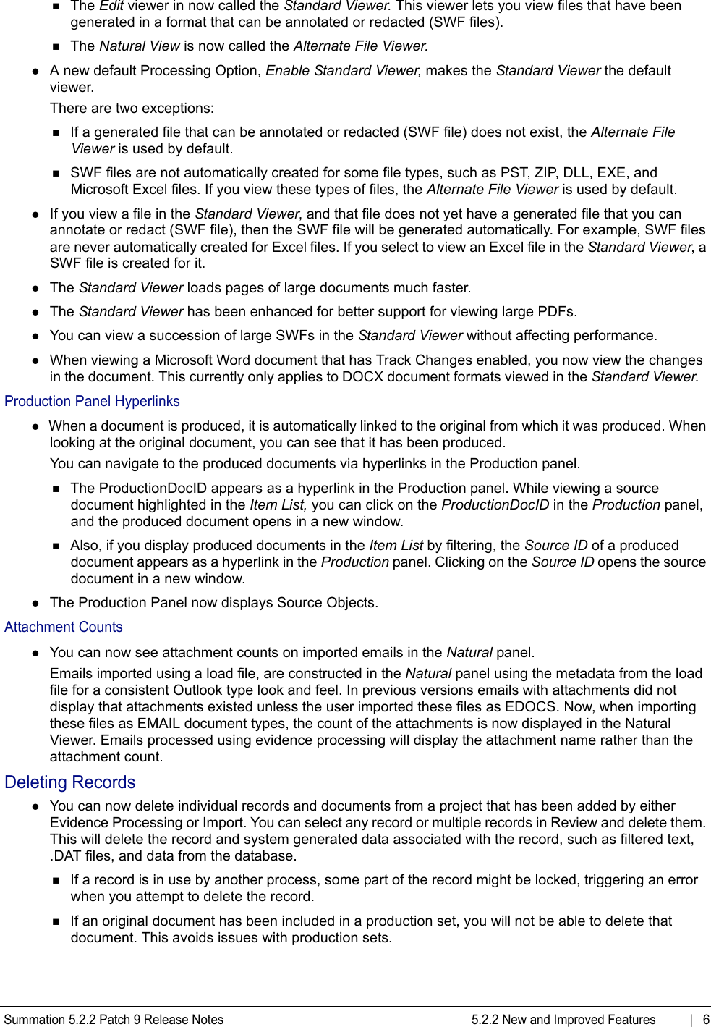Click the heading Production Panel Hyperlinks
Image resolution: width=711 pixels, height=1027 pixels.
pos(92,402)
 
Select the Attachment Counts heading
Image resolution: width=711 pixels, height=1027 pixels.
pos(64,627)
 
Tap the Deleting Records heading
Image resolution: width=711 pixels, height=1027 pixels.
pos(69,782)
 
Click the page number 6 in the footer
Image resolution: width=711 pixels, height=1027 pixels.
pos(706,1020)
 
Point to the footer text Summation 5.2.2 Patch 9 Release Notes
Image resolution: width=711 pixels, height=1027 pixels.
pos(114,1020)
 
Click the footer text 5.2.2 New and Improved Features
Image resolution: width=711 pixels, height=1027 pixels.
pos(563,1020)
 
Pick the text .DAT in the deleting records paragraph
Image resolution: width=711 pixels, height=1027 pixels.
pos(64,856)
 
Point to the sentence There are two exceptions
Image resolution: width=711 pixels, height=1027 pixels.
pos(132,109)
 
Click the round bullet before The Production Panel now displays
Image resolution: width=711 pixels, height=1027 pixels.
pos(35,604)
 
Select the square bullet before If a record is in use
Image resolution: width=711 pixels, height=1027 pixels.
pos(56,881)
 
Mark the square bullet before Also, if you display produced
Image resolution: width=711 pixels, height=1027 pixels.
pos(56,546)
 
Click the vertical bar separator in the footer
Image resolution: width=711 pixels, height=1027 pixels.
pos(691,1020)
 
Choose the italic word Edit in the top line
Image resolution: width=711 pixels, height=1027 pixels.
pos(111,6)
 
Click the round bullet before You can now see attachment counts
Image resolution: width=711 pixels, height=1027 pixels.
pos(35,653)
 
